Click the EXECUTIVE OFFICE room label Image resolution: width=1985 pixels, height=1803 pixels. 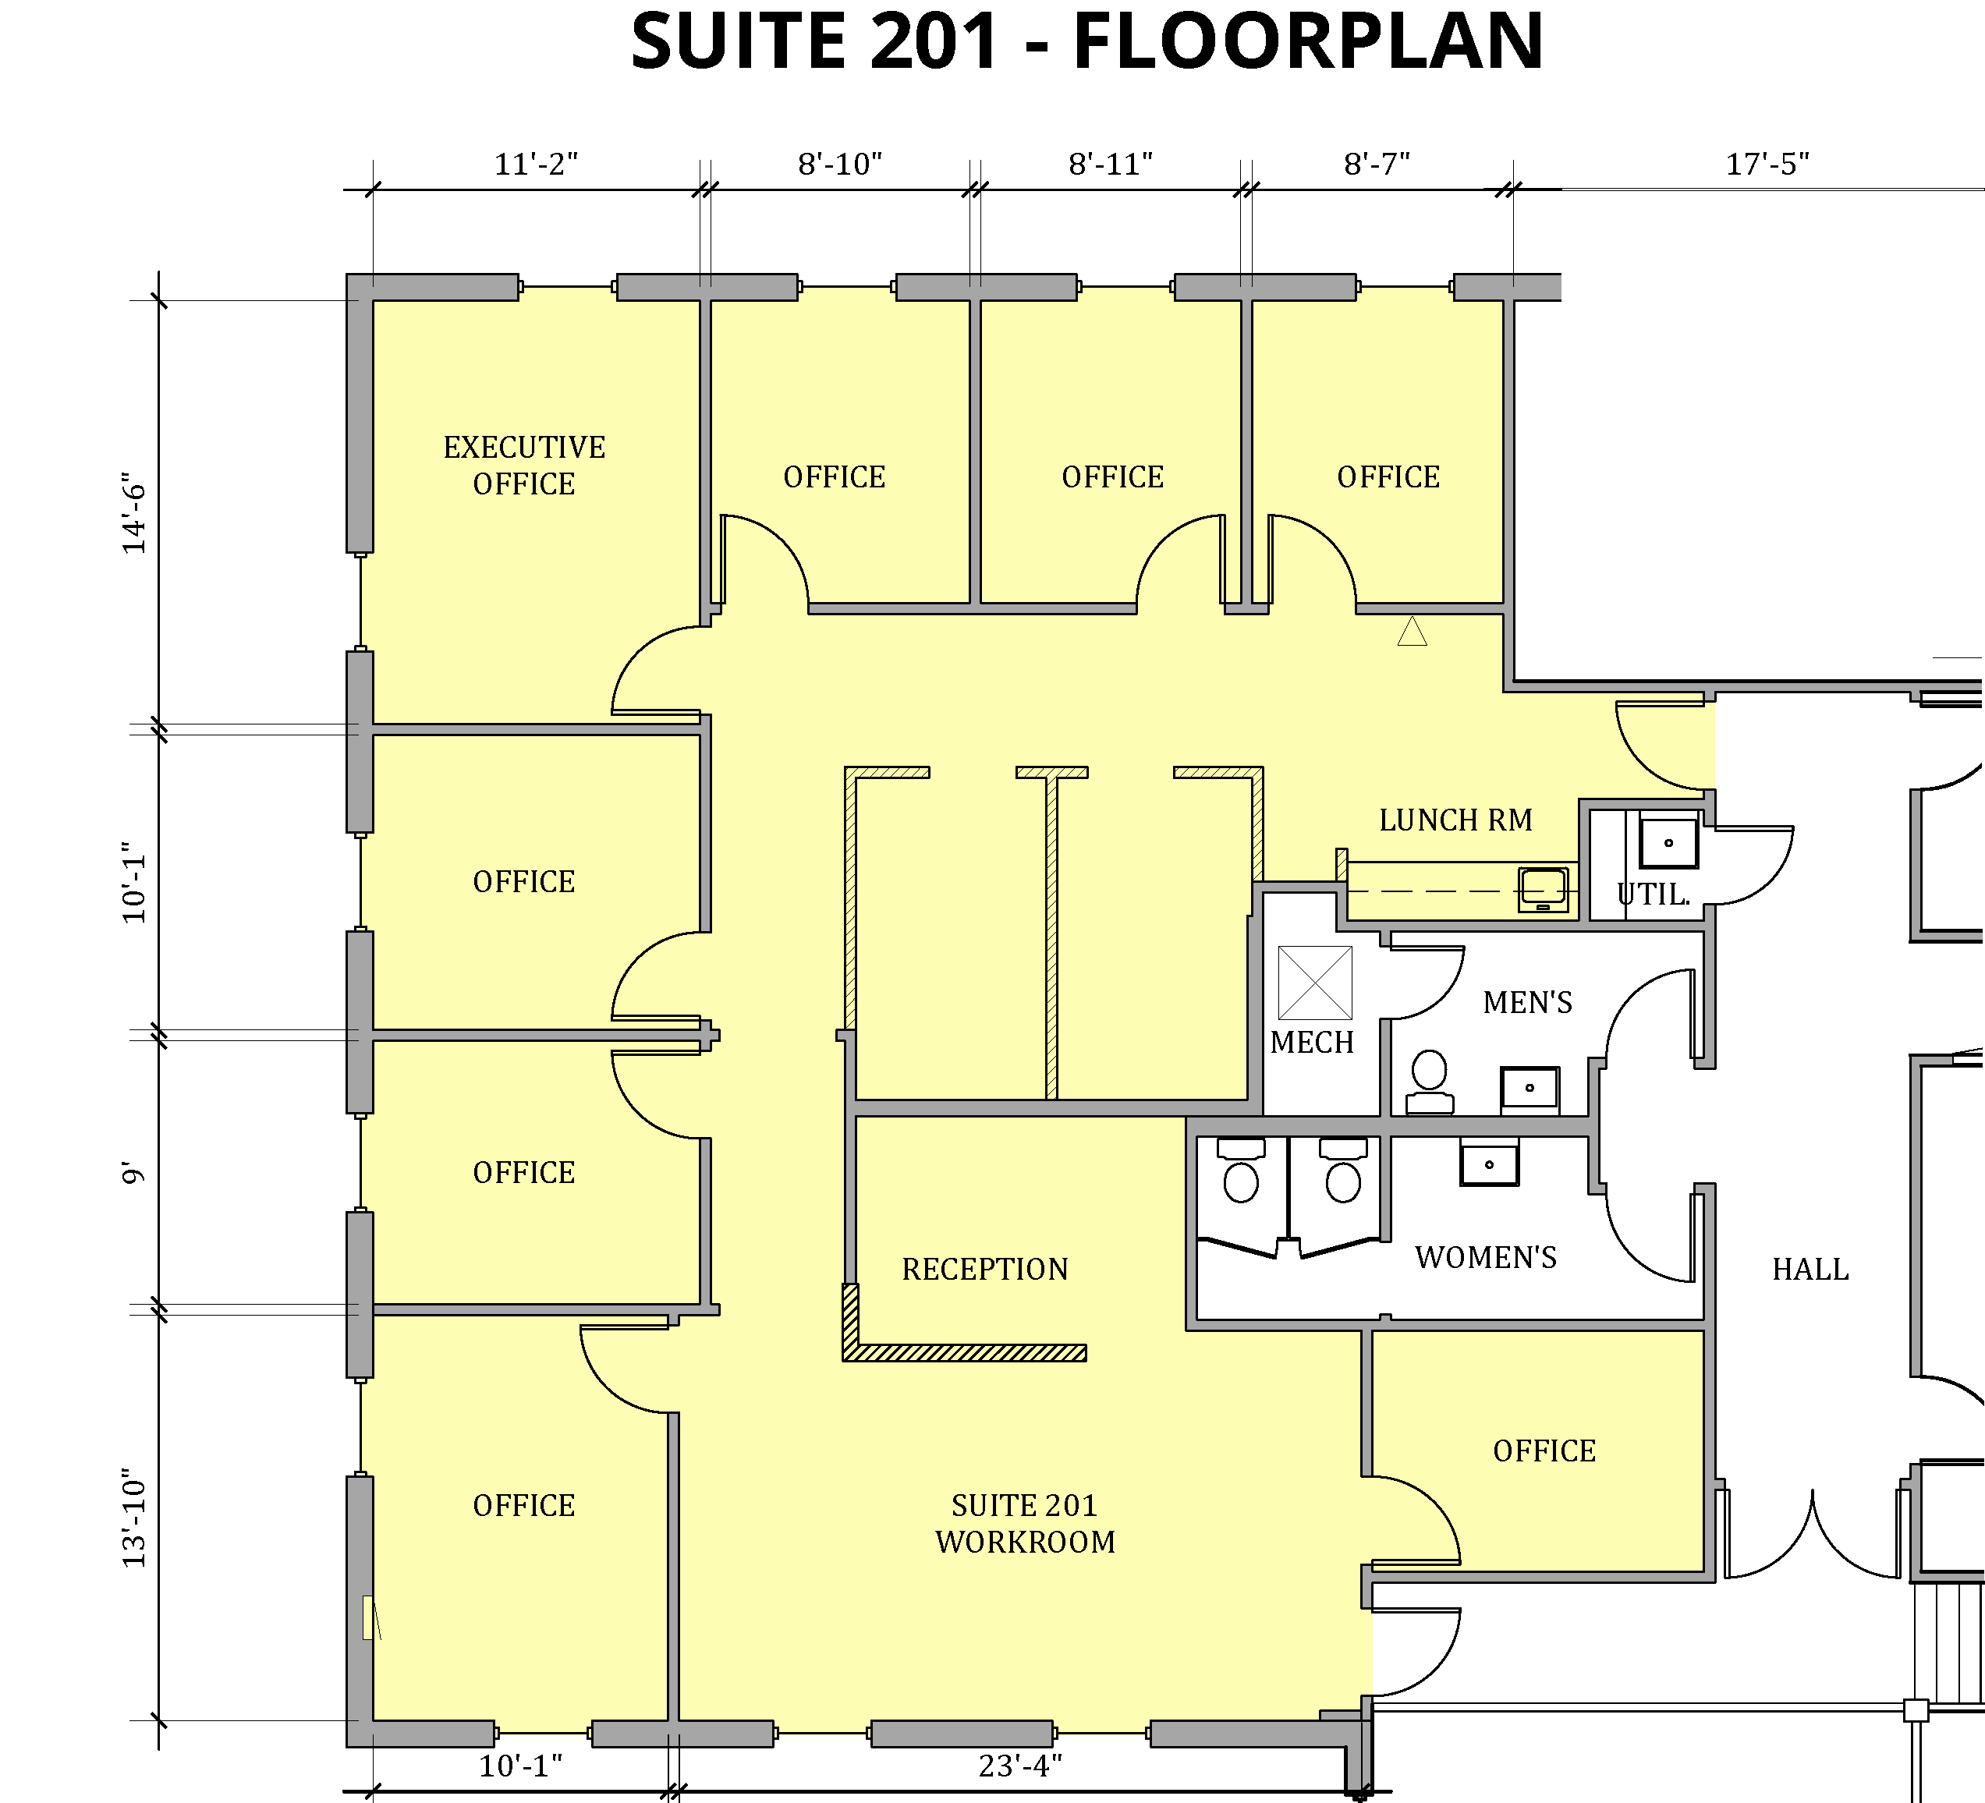tap(524, 465)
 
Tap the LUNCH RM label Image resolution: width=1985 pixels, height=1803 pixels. tap(1455, 820)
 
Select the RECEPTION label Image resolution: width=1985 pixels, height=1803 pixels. tap(984, 1270)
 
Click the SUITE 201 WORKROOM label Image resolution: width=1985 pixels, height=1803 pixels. tap(1025, 1523)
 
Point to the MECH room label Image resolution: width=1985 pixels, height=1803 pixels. tap(1312, 1042)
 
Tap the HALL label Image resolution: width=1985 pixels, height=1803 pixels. tap(1810, 1270)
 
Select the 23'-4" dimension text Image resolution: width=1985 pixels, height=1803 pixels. tap(1020, 1766)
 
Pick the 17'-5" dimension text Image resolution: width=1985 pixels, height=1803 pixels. tap(1767, 164)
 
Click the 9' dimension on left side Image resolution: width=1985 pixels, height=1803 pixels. tap(134, 1173)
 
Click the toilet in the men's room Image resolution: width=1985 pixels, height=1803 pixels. tap(1429, 1081)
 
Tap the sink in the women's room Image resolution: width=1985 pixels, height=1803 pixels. tap(1489, 1163)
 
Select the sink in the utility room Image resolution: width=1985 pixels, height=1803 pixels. tap(1668, 842)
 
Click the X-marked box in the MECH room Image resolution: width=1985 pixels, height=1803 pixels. tap(1314, 983)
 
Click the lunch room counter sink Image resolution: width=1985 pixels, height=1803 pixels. tap(1543, 888)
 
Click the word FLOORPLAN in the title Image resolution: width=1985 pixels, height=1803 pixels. tap(1307, 41)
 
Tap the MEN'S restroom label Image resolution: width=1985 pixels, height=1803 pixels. tap(1527, 1002)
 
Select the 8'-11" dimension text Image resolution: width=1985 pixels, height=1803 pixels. tap(1111, 164)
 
